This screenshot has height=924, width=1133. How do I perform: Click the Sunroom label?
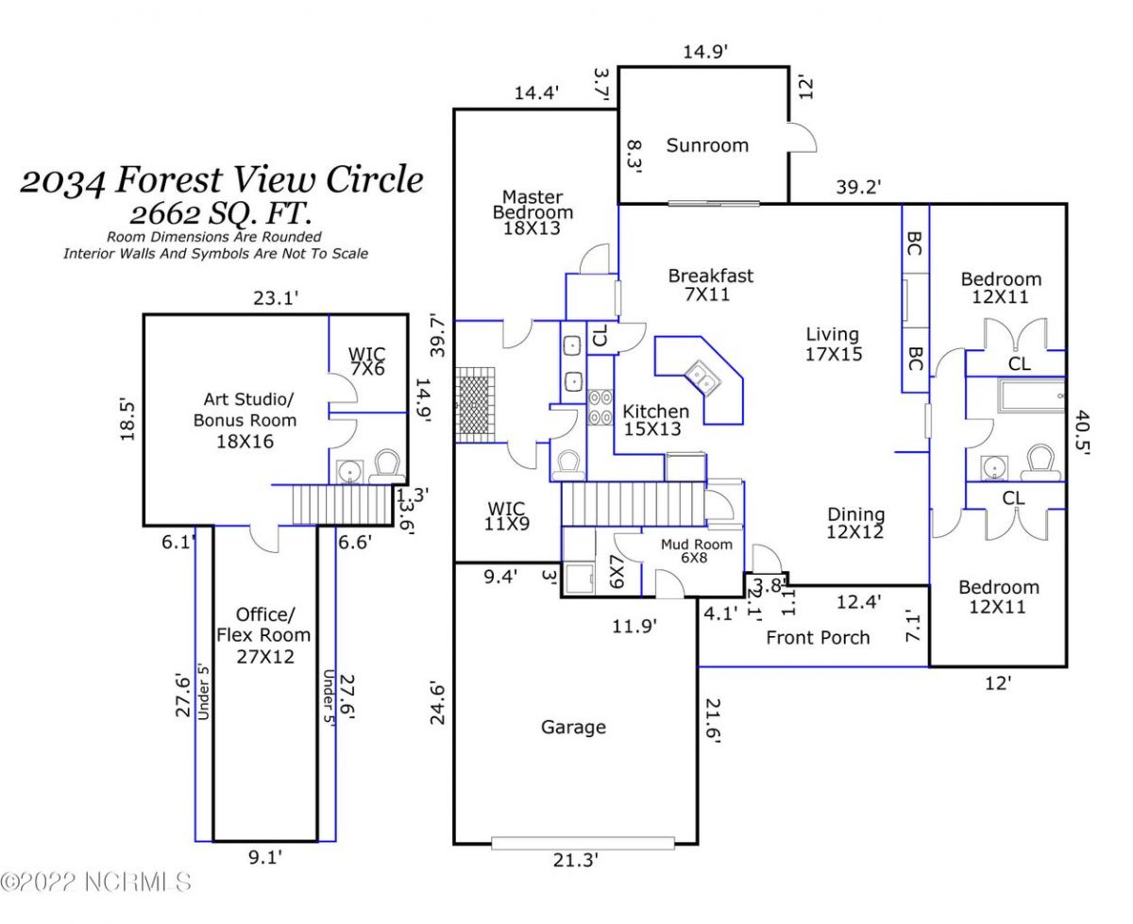click(707, 145)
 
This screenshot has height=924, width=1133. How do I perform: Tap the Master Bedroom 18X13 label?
click(532, 212)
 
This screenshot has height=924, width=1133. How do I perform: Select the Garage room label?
click(573, 727)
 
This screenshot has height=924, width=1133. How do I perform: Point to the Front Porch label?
click(818, 637)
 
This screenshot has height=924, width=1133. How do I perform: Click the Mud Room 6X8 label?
click(697, 551)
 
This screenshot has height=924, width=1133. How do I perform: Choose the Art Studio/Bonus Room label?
click(245, 420)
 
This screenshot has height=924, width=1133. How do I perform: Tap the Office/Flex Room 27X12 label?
click(263, 634)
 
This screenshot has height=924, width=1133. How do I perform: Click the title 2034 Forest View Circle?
click(222, 179)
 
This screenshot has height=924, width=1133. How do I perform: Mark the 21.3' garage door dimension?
click(575, 860)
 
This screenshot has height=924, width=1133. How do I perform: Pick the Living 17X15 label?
click(832, 344)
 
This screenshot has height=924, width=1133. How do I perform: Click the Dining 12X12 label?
click(856, 524)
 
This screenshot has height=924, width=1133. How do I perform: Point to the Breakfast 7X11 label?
click(711, 285)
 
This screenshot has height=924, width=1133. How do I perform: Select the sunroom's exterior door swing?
click(802, 138)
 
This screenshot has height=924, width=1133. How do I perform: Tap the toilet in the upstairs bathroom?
click(387, 464)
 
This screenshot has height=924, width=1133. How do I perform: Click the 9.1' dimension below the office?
click(264, 858)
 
